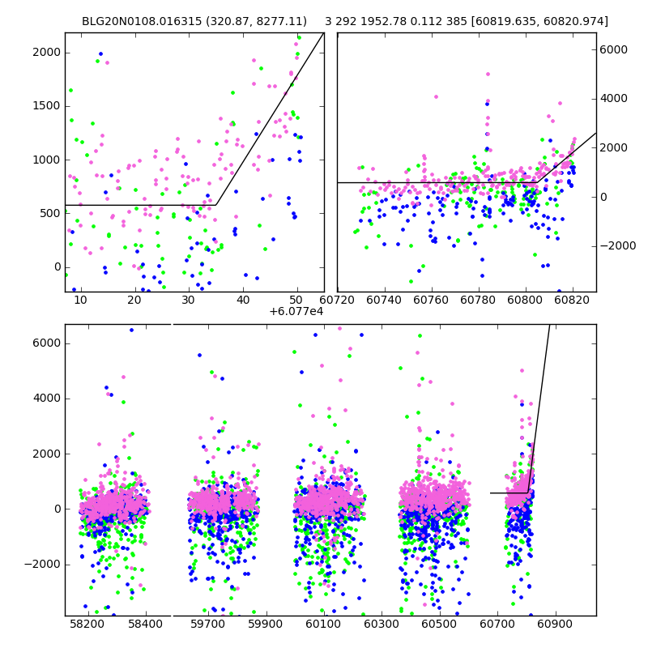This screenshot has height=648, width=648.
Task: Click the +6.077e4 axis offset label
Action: [296, 311]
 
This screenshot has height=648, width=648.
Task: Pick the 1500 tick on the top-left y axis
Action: [46, 106]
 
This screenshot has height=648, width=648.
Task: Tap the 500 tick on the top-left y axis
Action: [49, 214]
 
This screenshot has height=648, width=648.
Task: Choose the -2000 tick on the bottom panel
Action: [44, 565]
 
